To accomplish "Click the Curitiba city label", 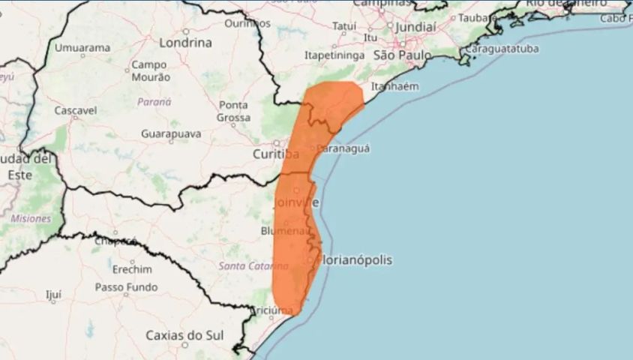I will point(276,154).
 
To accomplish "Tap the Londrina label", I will point(184,42).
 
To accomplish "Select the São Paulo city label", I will point(402,55).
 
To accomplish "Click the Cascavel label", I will point(76,110).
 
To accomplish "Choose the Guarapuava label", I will point(171,133).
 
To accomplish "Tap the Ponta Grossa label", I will point(233,111).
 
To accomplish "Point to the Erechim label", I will point(131,269).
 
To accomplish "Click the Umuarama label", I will point(83,48).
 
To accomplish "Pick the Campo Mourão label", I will point(149,71).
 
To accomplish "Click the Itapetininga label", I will point(334,55).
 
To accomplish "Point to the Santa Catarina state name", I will point(253,266).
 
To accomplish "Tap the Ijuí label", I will point(53,295).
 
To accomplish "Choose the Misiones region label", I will point(31,218).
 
